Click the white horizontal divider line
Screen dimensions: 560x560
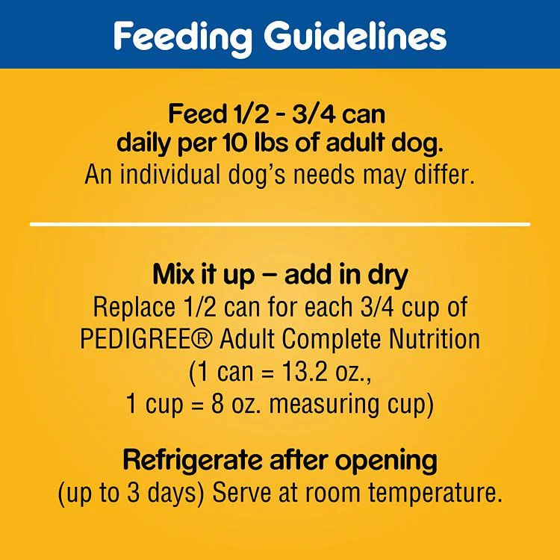tap(280, 224)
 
